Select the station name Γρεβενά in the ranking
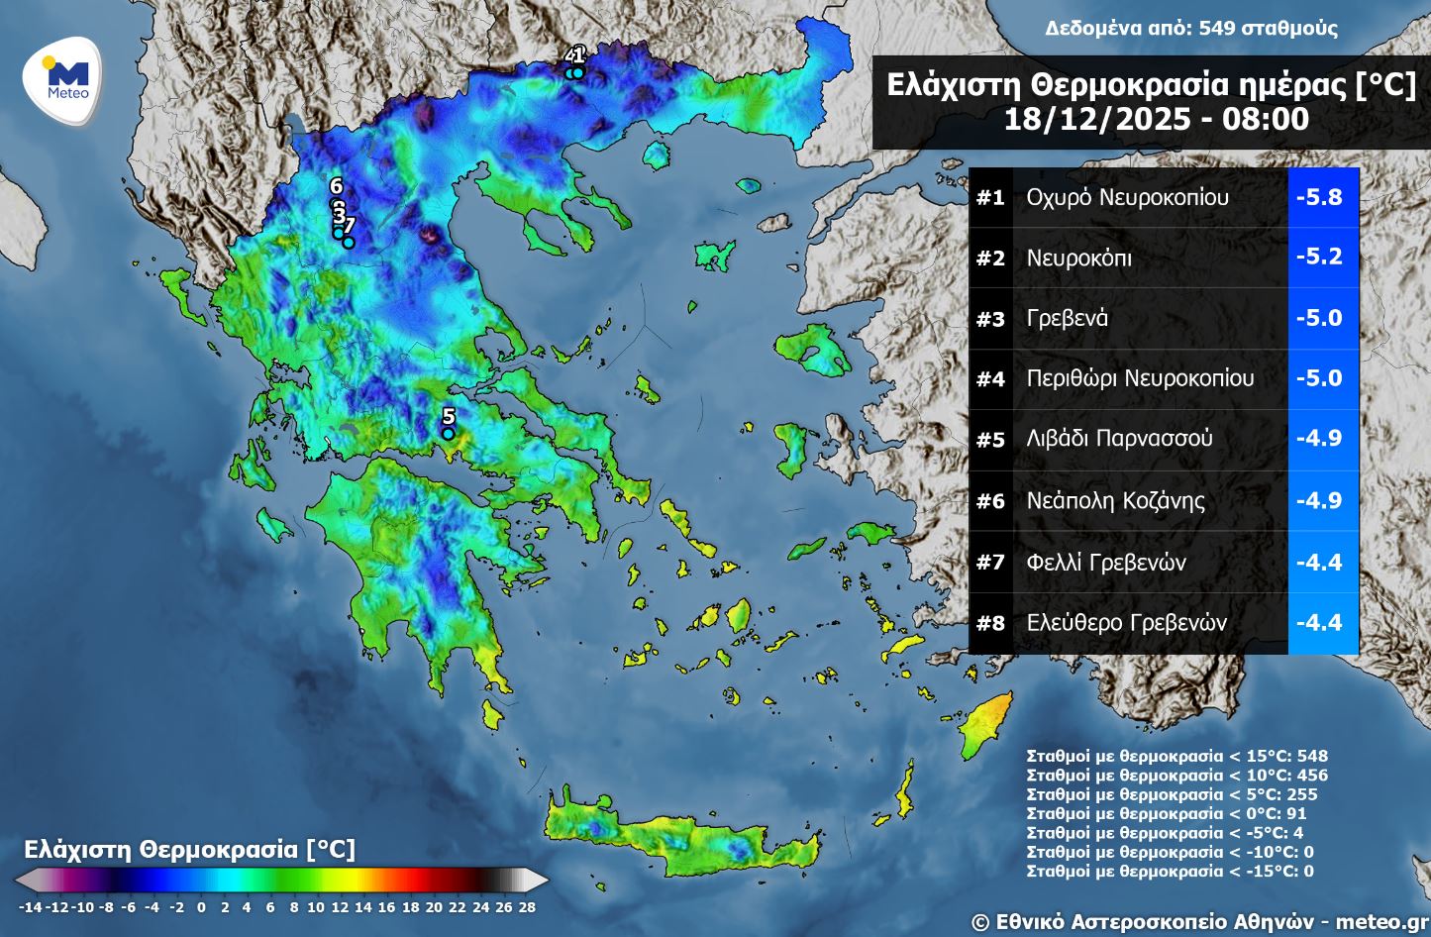(1067, 318)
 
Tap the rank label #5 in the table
(990, 440)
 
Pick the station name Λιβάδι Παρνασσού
(1119, 439)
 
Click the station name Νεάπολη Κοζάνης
(1115, 500)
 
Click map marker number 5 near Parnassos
(448, 433)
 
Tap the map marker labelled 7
(349, 242)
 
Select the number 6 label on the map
(336, 186)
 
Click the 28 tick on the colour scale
(527, 906)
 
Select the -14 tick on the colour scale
(30, 906)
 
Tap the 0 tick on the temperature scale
(201, 906)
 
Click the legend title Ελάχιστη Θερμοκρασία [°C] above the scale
(188, 849)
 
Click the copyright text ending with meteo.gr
(1199, 921)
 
